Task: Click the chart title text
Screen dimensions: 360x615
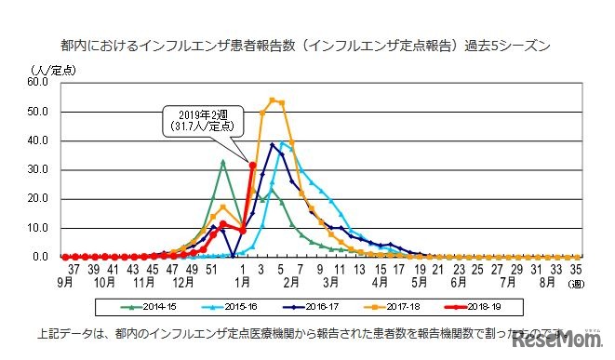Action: (305, 44)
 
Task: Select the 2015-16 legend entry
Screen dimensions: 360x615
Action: (239, 304)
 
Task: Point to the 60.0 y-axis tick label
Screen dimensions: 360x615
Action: (38, 81)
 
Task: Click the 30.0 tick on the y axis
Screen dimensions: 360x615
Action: (38, 169)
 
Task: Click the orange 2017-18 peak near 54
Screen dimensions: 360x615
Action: (273, 100)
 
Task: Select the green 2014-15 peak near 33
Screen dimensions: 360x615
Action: (223, 161)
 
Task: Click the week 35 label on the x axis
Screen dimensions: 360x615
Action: (576, 268)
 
